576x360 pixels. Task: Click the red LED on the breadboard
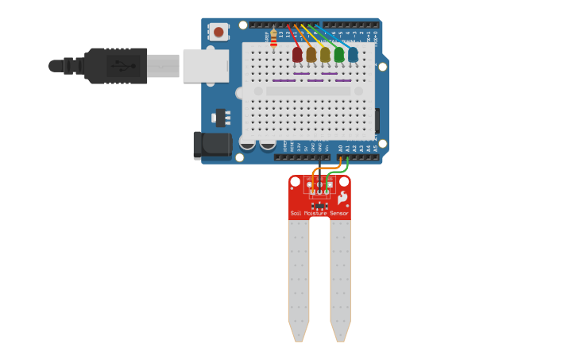[x=297, y=54]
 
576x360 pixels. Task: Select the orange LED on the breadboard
[x=311, y=54]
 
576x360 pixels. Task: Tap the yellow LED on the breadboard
[x=325, y=54]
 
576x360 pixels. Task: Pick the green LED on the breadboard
[x=339, y=54]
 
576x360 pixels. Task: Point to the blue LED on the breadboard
[x=353, y=54]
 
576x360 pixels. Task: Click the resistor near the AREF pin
[x=274, y=38]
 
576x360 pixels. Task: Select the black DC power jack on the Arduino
[x=211, y=145]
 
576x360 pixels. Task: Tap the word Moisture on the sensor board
[x=315, y=214]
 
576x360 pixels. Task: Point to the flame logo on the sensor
[x=342, y=198]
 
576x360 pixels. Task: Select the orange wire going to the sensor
[x=316, y=171]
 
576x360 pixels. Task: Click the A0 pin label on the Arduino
[x=341, y=149]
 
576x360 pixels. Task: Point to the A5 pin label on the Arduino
[x=376, y=149]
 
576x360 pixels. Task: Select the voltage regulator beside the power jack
[x=220, y=118]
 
